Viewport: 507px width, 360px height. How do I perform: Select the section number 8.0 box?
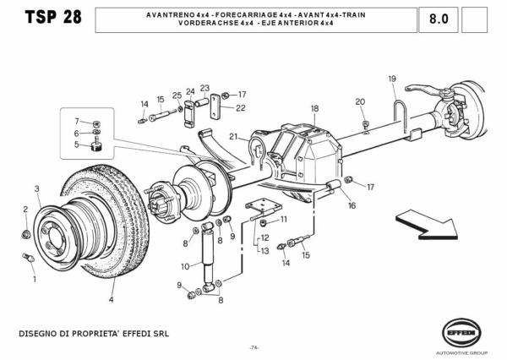pos(439,19)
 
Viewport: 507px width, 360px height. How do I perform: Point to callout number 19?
pos(392,79)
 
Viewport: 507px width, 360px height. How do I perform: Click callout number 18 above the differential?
pos(313,108)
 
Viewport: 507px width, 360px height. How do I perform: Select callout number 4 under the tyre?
pos(111,298)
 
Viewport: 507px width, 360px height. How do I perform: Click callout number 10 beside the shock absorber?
pos(184,266)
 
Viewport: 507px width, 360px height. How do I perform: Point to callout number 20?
pos(360,101)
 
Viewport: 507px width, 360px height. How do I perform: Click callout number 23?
pos(204,88)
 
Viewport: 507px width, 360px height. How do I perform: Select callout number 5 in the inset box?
pos(75,145)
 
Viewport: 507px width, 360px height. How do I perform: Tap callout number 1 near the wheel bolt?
pos(33,278)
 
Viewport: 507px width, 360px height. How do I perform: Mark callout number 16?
pos(352,205)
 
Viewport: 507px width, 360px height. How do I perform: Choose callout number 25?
pos(177,95)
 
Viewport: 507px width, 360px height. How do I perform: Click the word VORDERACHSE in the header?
pos(203,24)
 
